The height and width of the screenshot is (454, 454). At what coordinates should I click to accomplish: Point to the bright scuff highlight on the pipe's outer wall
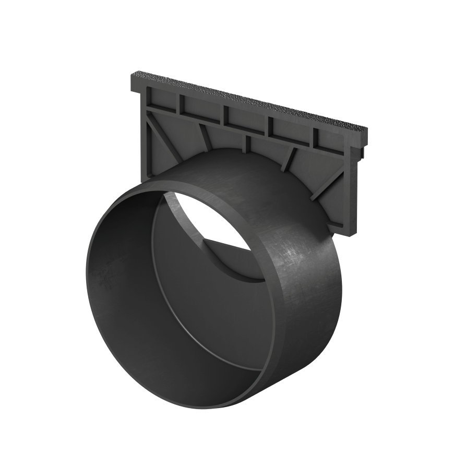(292, 256)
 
